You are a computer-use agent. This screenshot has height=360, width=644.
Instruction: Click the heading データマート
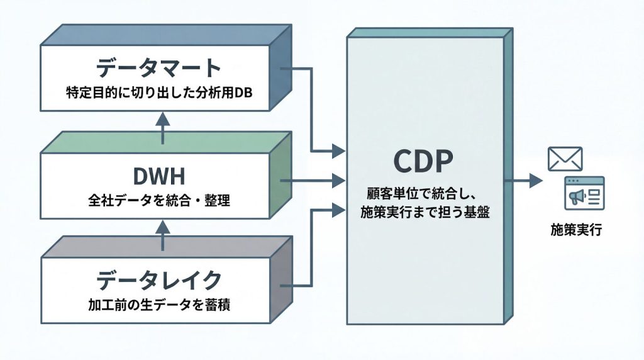tap(159, 67)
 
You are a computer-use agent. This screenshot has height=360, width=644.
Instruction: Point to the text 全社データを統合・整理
tap(159, 202)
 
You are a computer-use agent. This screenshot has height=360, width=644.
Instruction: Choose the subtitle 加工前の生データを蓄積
tap(159, 306)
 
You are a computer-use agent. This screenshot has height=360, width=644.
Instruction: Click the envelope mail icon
tap(565, 159)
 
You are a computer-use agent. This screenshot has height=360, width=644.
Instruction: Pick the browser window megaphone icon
tap(584, 193)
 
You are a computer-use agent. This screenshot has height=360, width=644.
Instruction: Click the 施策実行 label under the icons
tap(576, 230)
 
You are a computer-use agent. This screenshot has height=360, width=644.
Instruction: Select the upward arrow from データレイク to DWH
tap(162, 234)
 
